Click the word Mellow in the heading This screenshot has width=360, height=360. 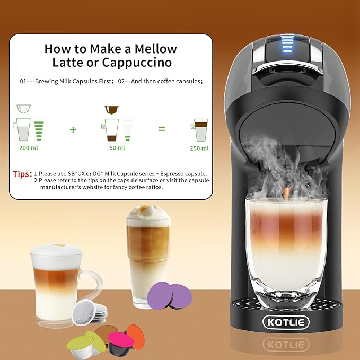(x=155, y=49)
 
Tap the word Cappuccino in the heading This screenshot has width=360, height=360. (x=137, y=63)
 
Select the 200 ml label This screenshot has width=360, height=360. (x=29, y=148)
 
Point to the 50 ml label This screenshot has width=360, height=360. (x=117, y=148)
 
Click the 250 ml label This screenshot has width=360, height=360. (x=199, y=148)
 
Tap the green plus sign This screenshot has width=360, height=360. (x=73, y=130)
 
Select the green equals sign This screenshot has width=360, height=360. (x=162, y=129)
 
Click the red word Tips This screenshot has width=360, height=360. (x=22, y=174)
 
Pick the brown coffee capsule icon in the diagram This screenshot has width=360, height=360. (x=111, y=110)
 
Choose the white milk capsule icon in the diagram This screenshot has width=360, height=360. (x=23, y=109)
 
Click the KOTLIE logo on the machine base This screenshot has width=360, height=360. (x=286, y=322)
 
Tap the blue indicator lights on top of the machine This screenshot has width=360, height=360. (x=287, y=44)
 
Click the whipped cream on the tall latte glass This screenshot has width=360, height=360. (x=148, y=213)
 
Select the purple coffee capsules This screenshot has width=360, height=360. (x=170, y=295)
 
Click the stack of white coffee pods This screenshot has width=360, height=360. (x=90, y=312)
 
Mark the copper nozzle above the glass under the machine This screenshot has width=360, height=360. (x=286, y=192)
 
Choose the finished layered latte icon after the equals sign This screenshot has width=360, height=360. (x=199, y=130)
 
